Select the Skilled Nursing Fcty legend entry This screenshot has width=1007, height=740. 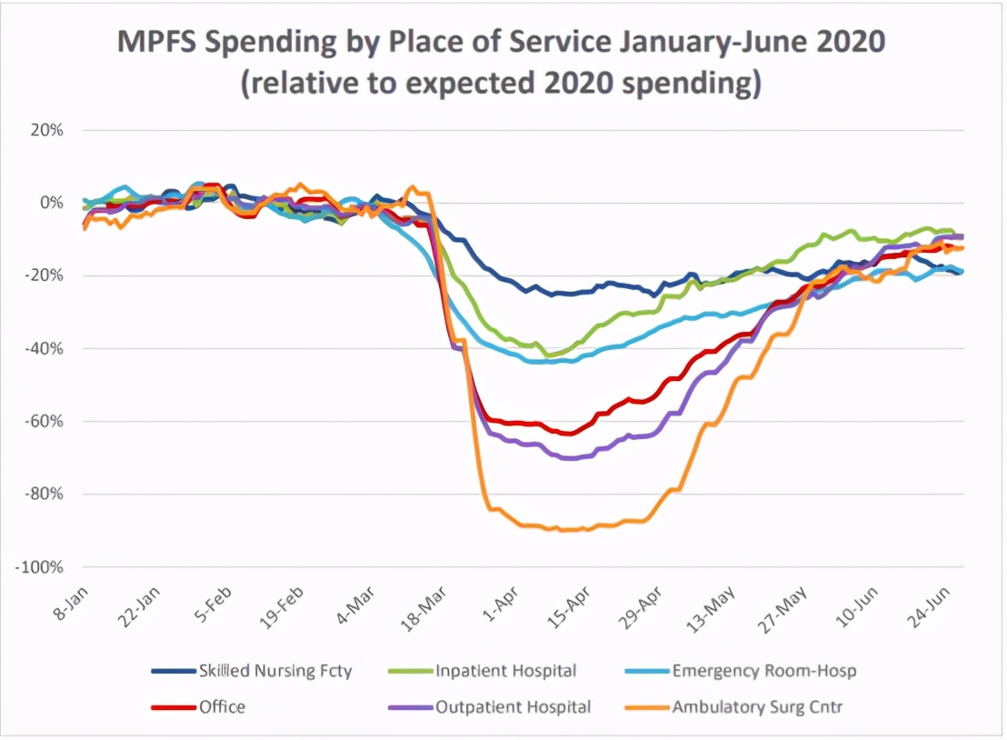[274, 672]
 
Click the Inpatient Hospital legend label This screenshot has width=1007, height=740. [506, 672]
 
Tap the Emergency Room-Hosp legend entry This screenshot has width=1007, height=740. [763, 672]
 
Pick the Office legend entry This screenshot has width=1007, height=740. [222, 706]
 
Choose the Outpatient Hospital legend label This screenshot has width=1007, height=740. [513, 706]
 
